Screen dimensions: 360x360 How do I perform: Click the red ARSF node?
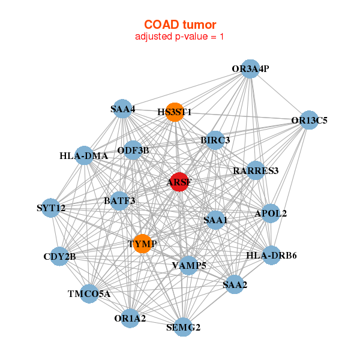coord(179,182)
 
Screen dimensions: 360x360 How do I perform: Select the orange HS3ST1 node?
coord(174,112)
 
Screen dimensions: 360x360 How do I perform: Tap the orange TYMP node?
coord(142,244)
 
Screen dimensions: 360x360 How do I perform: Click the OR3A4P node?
coord(250,69)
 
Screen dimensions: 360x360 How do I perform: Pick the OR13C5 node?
coord(309,120)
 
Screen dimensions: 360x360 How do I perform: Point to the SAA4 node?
coord(122,109)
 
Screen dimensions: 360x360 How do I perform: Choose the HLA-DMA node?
coord(84,156)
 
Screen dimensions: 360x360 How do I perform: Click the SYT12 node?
coord(51,208)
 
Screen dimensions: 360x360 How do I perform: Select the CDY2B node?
coord(59,257)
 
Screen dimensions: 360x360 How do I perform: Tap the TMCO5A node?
coord(89,294)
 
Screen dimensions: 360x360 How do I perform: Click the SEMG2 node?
coord(183,328)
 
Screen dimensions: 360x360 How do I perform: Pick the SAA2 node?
coord(235,284)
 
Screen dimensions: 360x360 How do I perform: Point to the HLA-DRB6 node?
coord(271,256)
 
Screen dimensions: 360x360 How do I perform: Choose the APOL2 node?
coord(271,213)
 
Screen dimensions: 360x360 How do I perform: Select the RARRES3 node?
coord(256,171)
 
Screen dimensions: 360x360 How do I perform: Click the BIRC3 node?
coord(215,140)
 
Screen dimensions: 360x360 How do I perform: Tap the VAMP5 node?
coord(189,265)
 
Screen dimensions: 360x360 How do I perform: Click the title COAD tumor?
coord(180,25)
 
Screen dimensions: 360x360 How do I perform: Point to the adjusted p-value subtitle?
coord(180,37)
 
